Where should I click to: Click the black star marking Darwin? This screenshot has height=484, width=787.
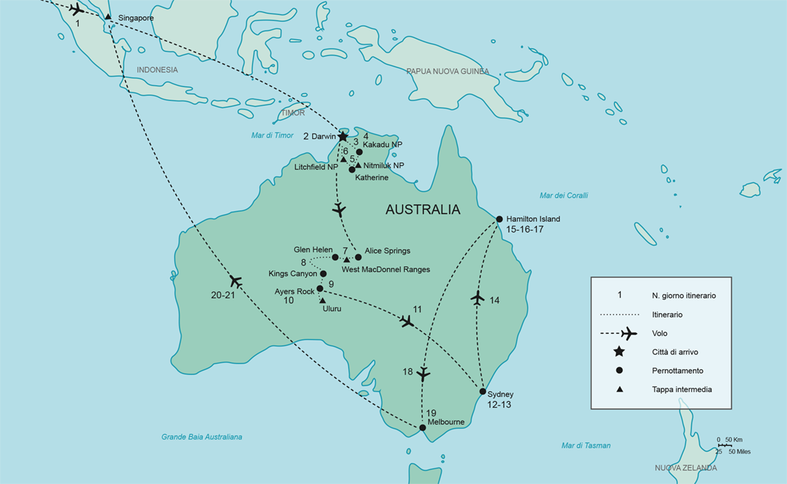pos(342,136)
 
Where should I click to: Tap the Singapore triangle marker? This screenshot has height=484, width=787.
pos(108,17)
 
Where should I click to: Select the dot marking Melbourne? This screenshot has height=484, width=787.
pos(422,428)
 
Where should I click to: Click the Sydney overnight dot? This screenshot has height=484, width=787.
pos(483,391)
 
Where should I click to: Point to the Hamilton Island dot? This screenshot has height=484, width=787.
pos(499,219)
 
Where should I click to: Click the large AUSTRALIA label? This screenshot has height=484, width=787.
pos(422,210)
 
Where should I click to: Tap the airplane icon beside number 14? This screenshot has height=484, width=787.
pos(478,297)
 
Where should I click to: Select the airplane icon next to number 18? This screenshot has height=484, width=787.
pos(423,374)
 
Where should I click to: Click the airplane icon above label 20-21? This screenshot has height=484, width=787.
pos(235,281)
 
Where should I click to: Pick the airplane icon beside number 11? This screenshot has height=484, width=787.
pos(406,321)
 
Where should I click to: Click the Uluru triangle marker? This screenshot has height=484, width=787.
pos(322,300)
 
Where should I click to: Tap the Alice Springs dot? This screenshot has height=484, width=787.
pos(358,257)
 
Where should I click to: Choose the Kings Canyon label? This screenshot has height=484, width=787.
pos(292,274)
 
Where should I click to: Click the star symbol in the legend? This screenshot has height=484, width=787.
pos(619,352)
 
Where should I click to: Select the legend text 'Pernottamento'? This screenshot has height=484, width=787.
pos(678,370)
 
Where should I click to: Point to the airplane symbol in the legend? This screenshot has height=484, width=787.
pos(628,333)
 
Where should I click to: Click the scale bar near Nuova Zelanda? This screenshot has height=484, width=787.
pos(724,445)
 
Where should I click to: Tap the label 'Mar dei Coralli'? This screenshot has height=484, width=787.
pos(564,196)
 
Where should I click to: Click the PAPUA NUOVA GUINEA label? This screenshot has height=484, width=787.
pos(447,72)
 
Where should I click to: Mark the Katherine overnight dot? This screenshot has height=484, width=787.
pos(352,169)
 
